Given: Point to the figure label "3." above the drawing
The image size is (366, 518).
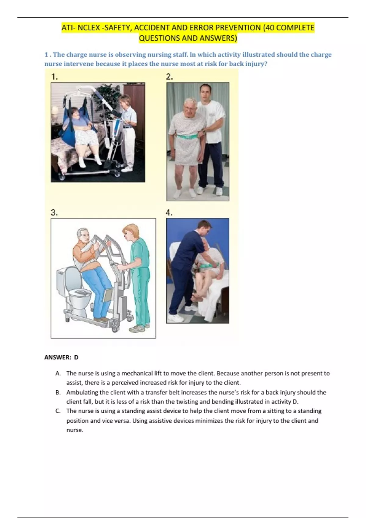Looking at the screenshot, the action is pos(54,212).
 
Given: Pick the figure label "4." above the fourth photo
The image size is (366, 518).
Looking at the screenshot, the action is pos(169,212).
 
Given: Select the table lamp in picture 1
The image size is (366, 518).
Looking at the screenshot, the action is pos(55,114).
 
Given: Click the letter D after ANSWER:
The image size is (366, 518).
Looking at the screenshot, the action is pos(76,357).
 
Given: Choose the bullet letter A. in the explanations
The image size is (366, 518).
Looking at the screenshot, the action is pos(58,373).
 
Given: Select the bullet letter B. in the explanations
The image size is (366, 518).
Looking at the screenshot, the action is pos(58,392).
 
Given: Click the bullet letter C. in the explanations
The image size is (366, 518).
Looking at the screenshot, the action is pos(58,411).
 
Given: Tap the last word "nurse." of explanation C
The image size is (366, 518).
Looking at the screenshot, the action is pos(75,430).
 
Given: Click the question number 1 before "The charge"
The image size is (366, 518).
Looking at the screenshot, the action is pos(46,55).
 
